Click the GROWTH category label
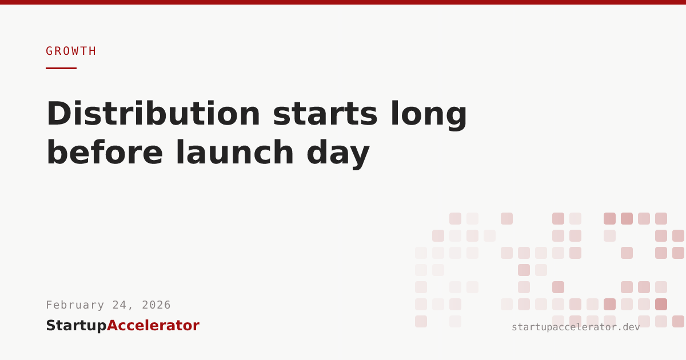tap(71, 51)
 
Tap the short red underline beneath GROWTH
tap(61, 68)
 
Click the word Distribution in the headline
tap(153, 113)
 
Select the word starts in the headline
tap(325, 114)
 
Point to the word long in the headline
tap(429, 115)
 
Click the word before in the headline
tap(105, 152)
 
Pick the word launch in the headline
tap(235, 152)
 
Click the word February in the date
tap(75, 305)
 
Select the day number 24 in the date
tap(119, 305)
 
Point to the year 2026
tap(156, 305)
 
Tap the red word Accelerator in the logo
tap(153, 325)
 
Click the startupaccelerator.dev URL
tap(576, 327)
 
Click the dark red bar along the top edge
tap(343, 2)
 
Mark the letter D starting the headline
tap(58, 113)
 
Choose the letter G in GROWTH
tap(49, 51)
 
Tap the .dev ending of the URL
tap(628, 327)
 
